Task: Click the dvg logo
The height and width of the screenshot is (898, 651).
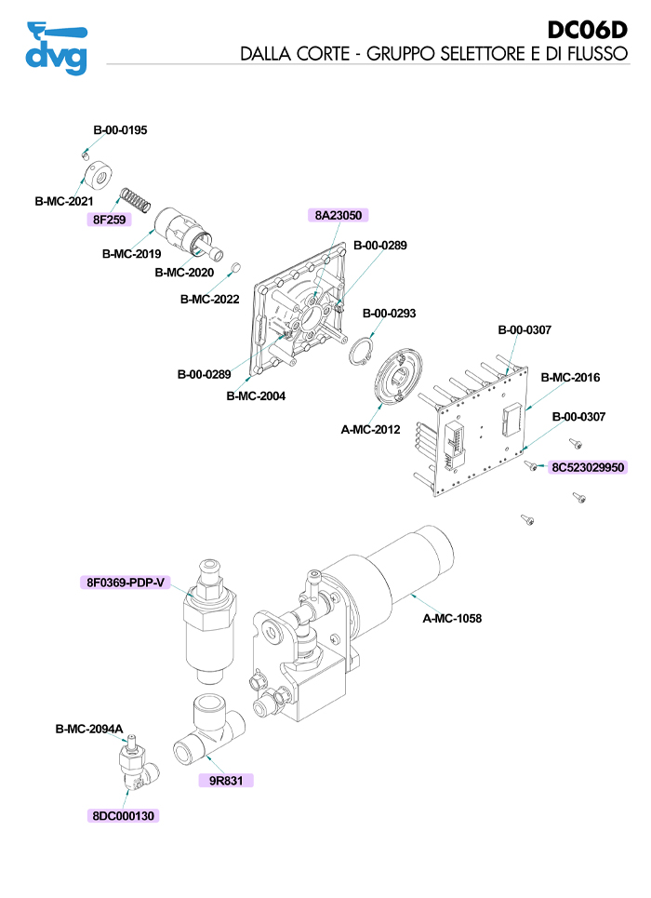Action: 57,47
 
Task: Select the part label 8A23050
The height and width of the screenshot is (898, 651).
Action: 339,215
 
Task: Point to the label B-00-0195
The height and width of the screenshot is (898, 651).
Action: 120,130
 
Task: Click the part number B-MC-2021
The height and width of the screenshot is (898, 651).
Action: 64,201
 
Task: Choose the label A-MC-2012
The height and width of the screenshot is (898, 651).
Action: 371,430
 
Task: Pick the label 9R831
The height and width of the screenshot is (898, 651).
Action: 225,781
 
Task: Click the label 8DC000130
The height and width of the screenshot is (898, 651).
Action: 124,815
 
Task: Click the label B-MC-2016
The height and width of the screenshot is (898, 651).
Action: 571,378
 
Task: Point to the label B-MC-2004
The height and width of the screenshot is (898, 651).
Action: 256,395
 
